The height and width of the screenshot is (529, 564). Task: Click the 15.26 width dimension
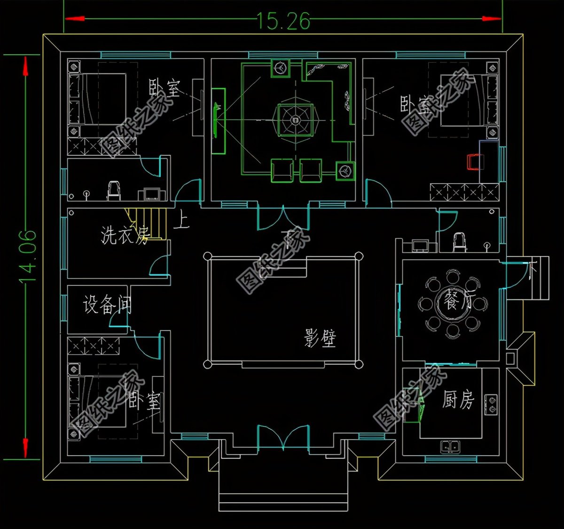[x=283, y=21]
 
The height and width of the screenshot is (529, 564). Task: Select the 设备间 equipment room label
[x=107, y=305]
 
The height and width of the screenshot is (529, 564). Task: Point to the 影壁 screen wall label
[x=320, y=338]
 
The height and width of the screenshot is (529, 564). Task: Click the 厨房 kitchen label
[x=458, y=400]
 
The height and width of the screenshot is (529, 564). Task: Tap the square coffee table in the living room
[x=295, y=120]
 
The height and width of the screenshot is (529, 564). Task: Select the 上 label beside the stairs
[x=181, y=220]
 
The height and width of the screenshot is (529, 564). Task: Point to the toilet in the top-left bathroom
[x=114, y=190]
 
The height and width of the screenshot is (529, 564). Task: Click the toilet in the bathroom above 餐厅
[x=460, y=241]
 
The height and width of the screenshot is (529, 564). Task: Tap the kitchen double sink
[x=450, y=446]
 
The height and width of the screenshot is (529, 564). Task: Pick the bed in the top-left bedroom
[x=98, y=99]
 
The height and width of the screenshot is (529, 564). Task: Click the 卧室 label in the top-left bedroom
[x=164, y=88]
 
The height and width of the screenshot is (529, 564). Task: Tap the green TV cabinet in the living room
[x=218, y=121]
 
